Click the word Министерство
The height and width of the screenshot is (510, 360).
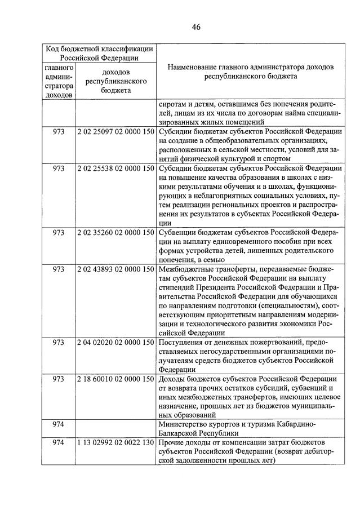(184, 424)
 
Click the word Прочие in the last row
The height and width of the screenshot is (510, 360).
(171, 443)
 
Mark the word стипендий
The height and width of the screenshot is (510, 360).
(176, 287)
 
